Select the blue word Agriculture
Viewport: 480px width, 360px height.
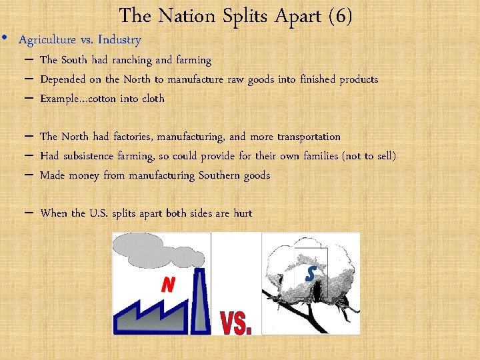[47, 40]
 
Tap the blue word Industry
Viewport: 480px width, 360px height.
[121, 40]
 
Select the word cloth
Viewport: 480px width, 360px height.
[150, 99]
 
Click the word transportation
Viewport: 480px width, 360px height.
[308, 137]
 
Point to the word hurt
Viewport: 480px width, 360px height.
[242, 213]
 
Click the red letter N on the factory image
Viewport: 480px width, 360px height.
[168, 285]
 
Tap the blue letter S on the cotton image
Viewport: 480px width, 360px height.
[310, 273]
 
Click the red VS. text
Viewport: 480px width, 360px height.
[236, 321]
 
